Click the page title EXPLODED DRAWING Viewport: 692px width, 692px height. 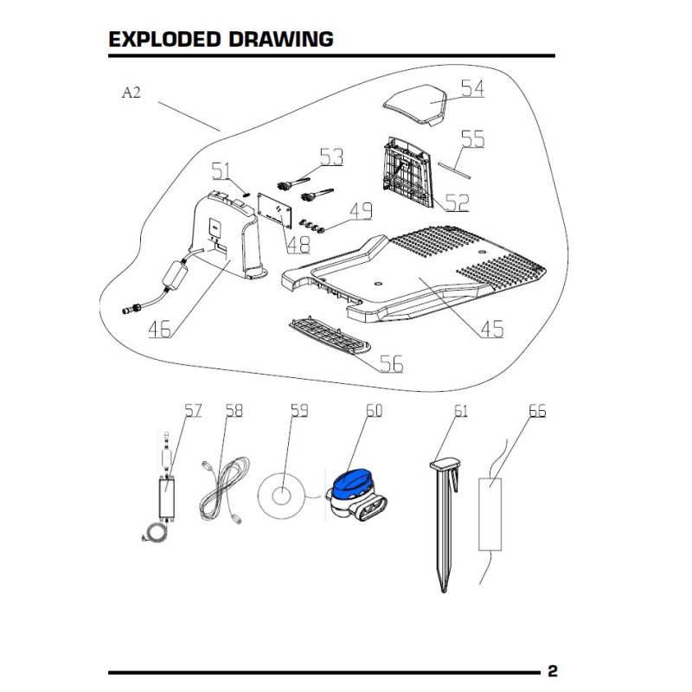(x=221, y=40)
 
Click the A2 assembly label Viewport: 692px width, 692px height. (x=131, y=93)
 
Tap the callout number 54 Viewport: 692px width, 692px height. (x=471, y=88)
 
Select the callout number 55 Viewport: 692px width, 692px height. (x=472, y=138)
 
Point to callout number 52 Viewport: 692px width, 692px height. (x=458, y=202)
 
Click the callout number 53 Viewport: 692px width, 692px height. (x=330, y=157)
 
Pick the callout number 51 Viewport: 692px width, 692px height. (x=222, y=169)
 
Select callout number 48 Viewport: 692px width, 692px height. (x=298, y=245)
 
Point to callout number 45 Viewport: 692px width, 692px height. (x=491, y=329)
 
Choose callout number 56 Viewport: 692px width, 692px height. (x=392, y=364)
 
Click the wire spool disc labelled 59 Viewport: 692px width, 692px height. (x=282, y=497)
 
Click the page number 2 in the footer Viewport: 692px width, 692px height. (x=552, y=671)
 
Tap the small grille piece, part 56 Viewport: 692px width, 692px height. (x=329, y=334)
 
